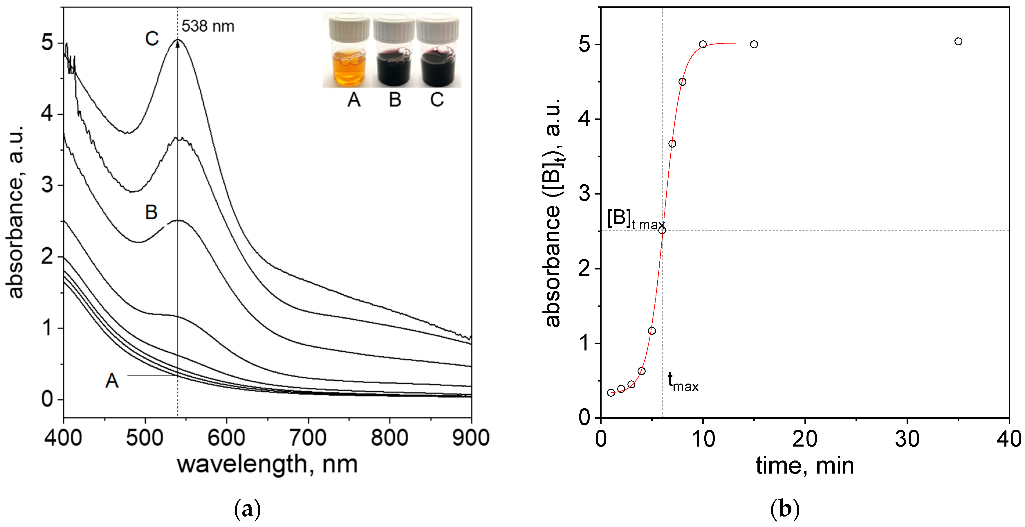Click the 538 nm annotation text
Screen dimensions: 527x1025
208,26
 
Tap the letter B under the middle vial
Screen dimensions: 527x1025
395,100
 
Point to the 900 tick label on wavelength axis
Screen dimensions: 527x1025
471,438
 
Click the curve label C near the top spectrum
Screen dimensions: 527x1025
151,39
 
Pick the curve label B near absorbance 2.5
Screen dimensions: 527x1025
151,212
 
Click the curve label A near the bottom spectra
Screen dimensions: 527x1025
112,381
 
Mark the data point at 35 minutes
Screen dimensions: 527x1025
958,42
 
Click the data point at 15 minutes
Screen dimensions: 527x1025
754,44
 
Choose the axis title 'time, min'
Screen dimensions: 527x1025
804,465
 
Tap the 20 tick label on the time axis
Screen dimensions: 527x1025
804,439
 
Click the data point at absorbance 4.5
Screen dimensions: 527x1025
682,82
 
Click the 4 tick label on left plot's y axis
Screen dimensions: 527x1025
47,114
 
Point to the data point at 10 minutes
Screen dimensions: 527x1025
703,44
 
